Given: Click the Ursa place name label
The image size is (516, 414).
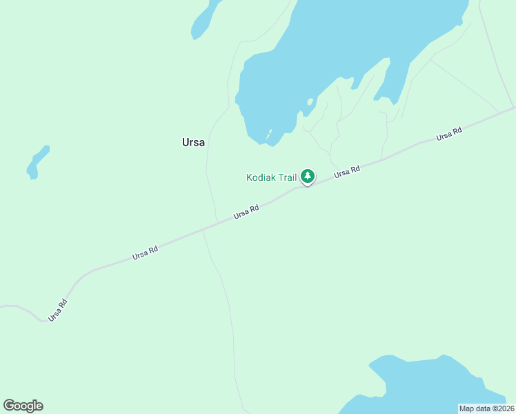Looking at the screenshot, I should click(x=193, y=142).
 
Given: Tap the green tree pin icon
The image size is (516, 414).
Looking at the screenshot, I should click(x=308, y=177).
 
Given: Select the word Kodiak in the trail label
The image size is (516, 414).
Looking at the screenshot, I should click(x=261, y=177).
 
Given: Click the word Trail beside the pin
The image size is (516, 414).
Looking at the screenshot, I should click(x=288, y=177).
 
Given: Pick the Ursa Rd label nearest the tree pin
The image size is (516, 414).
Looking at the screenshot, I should click(x=347, y=172).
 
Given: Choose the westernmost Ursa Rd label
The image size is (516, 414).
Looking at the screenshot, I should click(x=58, y=310).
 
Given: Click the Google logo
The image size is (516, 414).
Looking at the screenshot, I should click(x=23, y=406).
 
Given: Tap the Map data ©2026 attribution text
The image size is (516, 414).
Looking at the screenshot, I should click(x=486, y=408).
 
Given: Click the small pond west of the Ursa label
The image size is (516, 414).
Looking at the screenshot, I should click(x=37, y=161).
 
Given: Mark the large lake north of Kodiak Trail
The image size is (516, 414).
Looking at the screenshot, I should click(x=345, y=48).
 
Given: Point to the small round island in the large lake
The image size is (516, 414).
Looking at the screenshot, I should click(x=310, y=102).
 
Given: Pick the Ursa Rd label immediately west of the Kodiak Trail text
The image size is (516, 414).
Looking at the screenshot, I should click(x=246, y=211).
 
